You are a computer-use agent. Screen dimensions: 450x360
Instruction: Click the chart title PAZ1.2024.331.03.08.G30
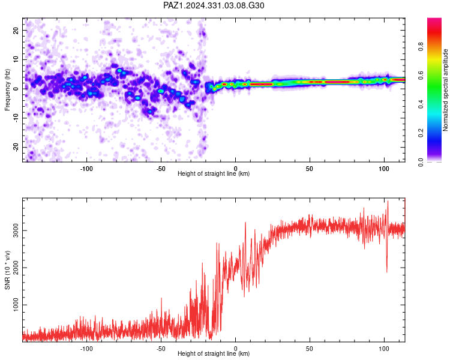pos(214,5)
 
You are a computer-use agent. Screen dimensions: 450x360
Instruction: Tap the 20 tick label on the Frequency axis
pos(16,31)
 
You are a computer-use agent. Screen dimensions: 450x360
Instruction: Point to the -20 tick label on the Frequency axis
pos(16,148)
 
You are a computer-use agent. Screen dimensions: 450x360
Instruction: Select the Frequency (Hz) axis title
pos(7,89)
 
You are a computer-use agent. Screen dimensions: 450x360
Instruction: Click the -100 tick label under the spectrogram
pos(86,169)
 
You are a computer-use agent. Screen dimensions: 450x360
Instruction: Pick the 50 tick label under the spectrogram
pos(310,169)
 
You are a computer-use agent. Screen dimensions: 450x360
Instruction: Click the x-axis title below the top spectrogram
pos(214,173)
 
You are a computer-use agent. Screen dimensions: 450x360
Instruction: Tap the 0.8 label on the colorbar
pos(421,46)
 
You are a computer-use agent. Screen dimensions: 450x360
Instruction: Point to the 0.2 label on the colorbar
pos(421,133)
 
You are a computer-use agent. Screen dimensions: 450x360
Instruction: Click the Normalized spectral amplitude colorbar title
pos(445,90)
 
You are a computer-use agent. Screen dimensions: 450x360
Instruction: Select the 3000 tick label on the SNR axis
pos(16,230)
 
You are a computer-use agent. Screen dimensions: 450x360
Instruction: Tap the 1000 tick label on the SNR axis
pos(16,305)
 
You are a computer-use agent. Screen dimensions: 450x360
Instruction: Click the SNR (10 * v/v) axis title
pos(7,270)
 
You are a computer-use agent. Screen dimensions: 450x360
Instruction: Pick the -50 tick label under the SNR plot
pos(161,349)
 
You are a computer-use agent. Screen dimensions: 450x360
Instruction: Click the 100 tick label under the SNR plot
pos(384,349)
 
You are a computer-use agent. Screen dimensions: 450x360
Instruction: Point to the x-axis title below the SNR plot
pos(214,353)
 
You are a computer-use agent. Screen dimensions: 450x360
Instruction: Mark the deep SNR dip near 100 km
pos(387,272)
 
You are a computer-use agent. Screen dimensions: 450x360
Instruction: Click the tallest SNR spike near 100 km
pos(388,202)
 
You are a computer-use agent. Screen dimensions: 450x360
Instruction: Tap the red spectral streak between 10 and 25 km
pos(261,85)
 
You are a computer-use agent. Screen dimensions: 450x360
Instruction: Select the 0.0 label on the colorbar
pos(421,162)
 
